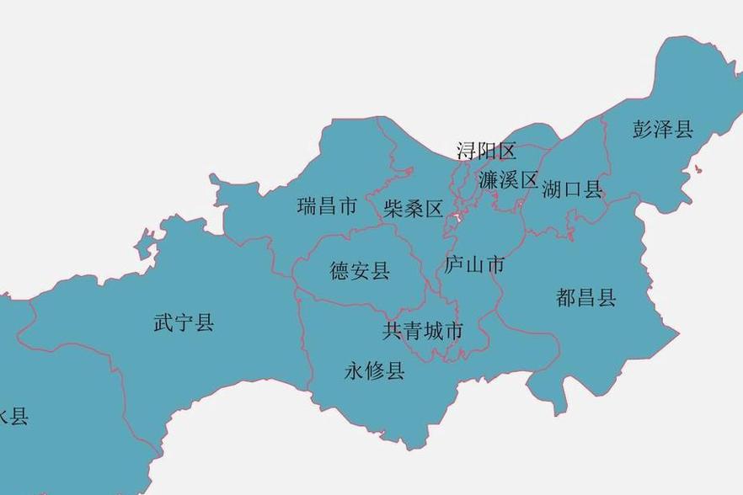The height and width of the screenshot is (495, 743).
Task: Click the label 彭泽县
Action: (663, 129)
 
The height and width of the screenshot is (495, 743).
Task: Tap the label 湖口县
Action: (573, 189)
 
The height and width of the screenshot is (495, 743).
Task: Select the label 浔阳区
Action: (486, 151)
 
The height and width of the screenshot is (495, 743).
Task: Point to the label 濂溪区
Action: (508, 179)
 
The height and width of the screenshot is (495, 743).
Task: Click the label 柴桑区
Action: (413, 209)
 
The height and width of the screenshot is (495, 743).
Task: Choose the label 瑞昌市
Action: (327, 205)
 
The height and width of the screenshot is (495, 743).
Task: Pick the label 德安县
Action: (360, 270)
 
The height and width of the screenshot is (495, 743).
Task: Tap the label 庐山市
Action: (474, 265)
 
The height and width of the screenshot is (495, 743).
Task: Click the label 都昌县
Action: (586, 296)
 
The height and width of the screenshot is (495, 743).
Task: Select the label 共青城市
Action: (423, 331)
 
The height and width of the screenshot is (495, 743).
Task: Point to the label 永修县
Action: (375, 370)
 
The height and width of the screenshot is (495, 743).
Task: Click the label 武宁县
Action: (184, 322)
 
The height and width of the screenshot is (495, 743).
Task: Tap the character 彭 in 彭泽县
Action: (643, 129)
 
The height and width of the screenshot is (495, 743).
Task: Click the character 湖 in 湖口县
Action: (553, 189)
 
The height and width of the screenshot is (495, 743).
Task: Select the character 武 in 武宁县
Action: (163, 322)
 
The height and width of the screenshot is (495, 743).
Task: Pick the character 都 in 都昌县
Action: (566, 296)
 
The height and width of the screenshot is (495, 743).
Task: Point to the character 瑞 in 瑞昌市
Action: (307, 205)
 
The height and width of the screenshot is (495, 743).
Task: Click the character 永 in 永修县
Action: (355, 370)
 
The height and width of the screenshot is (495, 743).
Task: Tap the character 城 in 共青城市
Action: (433, 331)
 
